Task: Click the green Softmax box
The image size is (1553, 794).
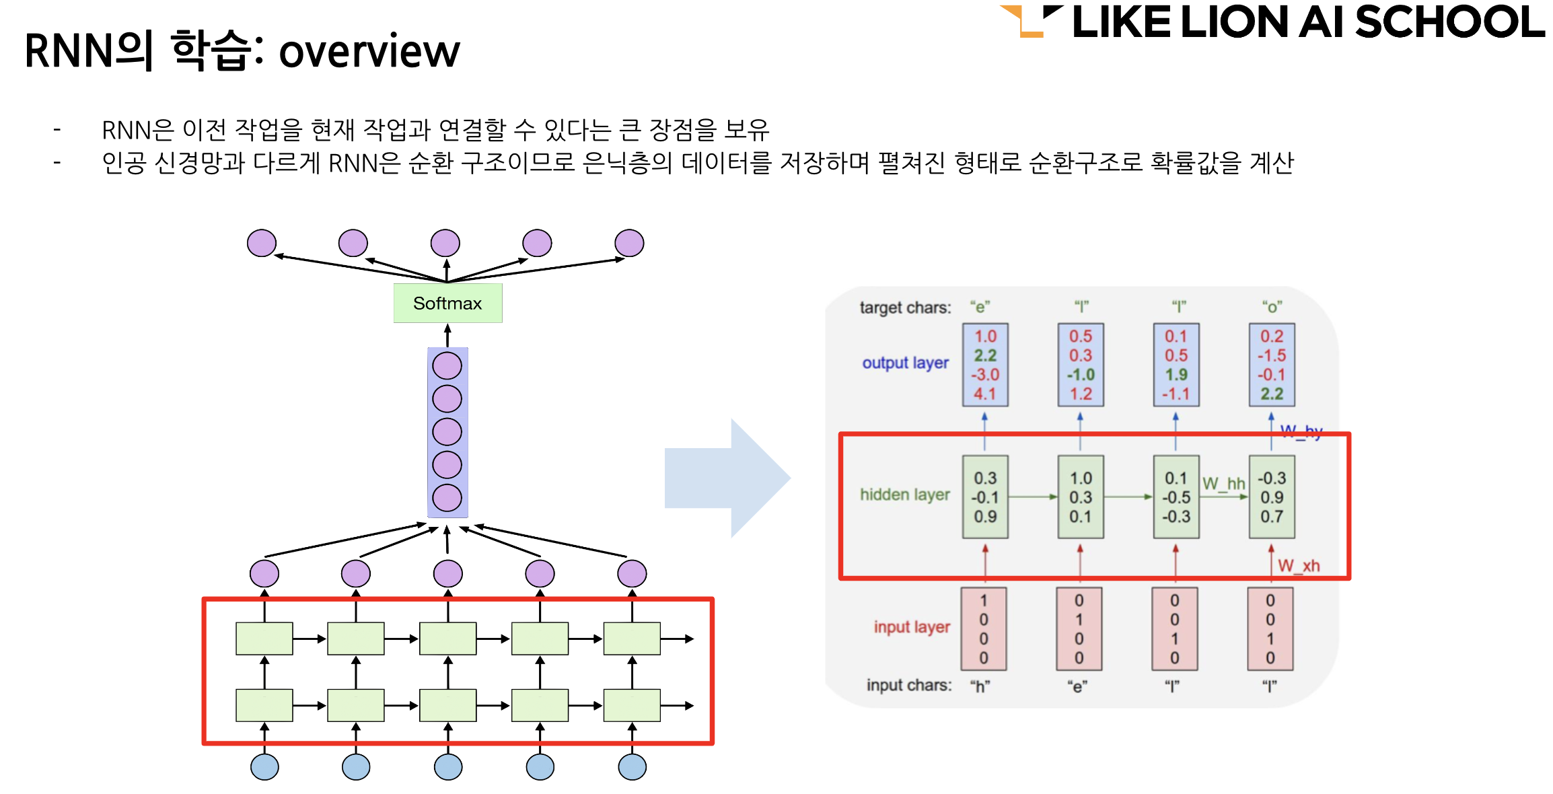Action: [x=447, y=303]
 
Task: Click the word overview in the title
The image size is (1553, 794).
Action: [x=369, y=52]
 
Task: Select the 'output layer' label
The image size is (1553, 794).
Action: [x=905, y=363]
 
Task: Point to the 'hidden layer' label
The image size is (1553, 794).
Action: [x=904, y=495]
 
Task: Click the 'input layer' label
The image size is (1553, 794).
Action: [x=912, y=627]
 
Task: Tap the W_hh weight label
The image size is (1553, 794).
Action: [x=1223, y=484]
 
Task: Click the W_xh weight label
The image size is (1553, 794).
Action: [x=1299, y=566]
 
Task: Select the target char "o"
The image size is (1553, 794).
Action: [x=1272, y=308]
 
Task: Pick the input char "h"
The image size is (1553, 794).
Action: [x=980, y=686]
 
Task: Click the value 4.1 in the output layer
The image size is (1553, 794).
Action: [x=985, y=394]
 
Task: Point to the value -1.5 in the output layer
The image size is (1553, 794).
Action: [x=1272, y=355]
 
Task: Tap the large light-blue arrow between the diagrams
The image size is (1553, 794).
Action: [x=727, y=478]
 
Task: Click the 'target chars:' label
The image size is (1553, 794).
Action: [x=905, y=308]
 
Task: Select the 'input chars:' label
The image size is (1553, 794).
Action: [x=909, y=686]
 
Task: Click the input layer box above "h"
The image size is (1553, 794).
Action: [x=984, y=628]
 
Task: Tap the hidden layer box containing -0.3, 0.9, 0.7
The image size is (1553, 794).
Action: [x=1272, y=497]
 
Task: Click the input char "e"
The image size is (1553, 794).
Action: [x=1077, y=686]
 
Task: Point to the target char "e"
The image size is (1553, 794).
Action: [x=980, y=308]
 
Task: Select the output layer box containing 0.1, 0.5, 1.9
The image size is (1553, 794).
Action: [x=1176, y=365]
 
